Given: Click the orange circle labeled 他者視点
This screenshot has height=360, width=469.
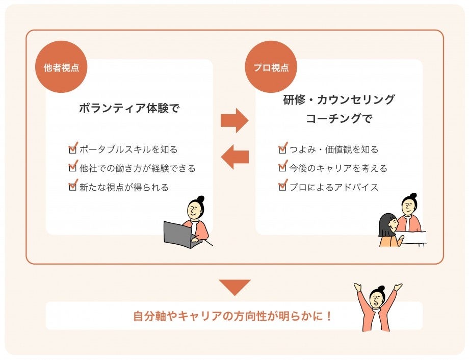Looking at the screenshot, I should (x=61, y=67).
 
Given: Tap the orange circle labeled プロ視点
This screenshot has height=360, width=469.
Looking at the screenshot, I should (x=271, y=67).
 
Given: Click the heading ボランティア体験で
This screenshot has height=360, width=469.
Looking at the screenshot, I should (x=129, y=108).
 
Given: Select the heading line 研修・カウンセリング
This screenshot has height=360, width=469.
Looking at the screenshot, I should (x=339, y=99).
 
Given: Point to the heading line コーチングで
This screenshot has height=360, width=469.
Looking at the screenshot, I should (x=339, y=119).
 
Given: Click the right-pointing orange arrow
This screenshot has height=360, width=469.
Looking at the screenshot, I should (x=234, y=120).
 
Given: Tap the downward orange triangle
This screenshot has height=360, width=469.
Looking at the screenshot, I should (x=234, y=287).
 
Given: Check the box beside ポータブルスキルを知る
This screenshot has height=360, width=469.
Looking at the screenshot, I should (x=72, y=149).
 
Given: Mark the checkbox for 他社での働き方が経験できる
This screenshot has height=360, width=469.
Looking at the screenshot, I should (x=72, y=168).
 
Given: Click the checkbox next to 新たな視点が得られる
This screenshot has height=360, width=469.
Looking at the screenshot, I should (x=72, y=187).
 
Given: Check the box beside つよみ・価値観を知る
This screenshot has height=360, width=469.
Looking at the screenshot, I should (x=282, y=149).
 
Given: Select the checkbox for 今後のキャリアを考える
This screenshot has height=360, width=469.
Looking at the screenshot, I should (x=282, y=168).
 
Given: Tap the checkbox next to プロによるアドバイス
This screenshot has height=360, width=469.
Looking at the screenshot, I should (x=282, y=187).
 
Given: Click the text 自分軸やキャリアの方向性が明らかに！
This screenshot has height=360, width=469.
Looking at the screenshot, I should (x=233, y=316).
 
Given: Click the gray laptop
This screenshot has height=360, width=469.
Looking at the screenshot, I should (x=177, y=234).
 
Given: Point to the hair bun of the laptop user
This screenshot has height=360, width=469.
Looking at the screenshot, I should (x=200, y=198).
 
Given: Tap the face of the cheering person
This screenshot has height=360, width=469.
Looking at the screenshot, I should (x=377, y=297).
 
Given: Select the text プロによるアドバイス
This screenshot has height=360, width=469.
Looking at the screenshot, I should (x=334, y=187).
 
